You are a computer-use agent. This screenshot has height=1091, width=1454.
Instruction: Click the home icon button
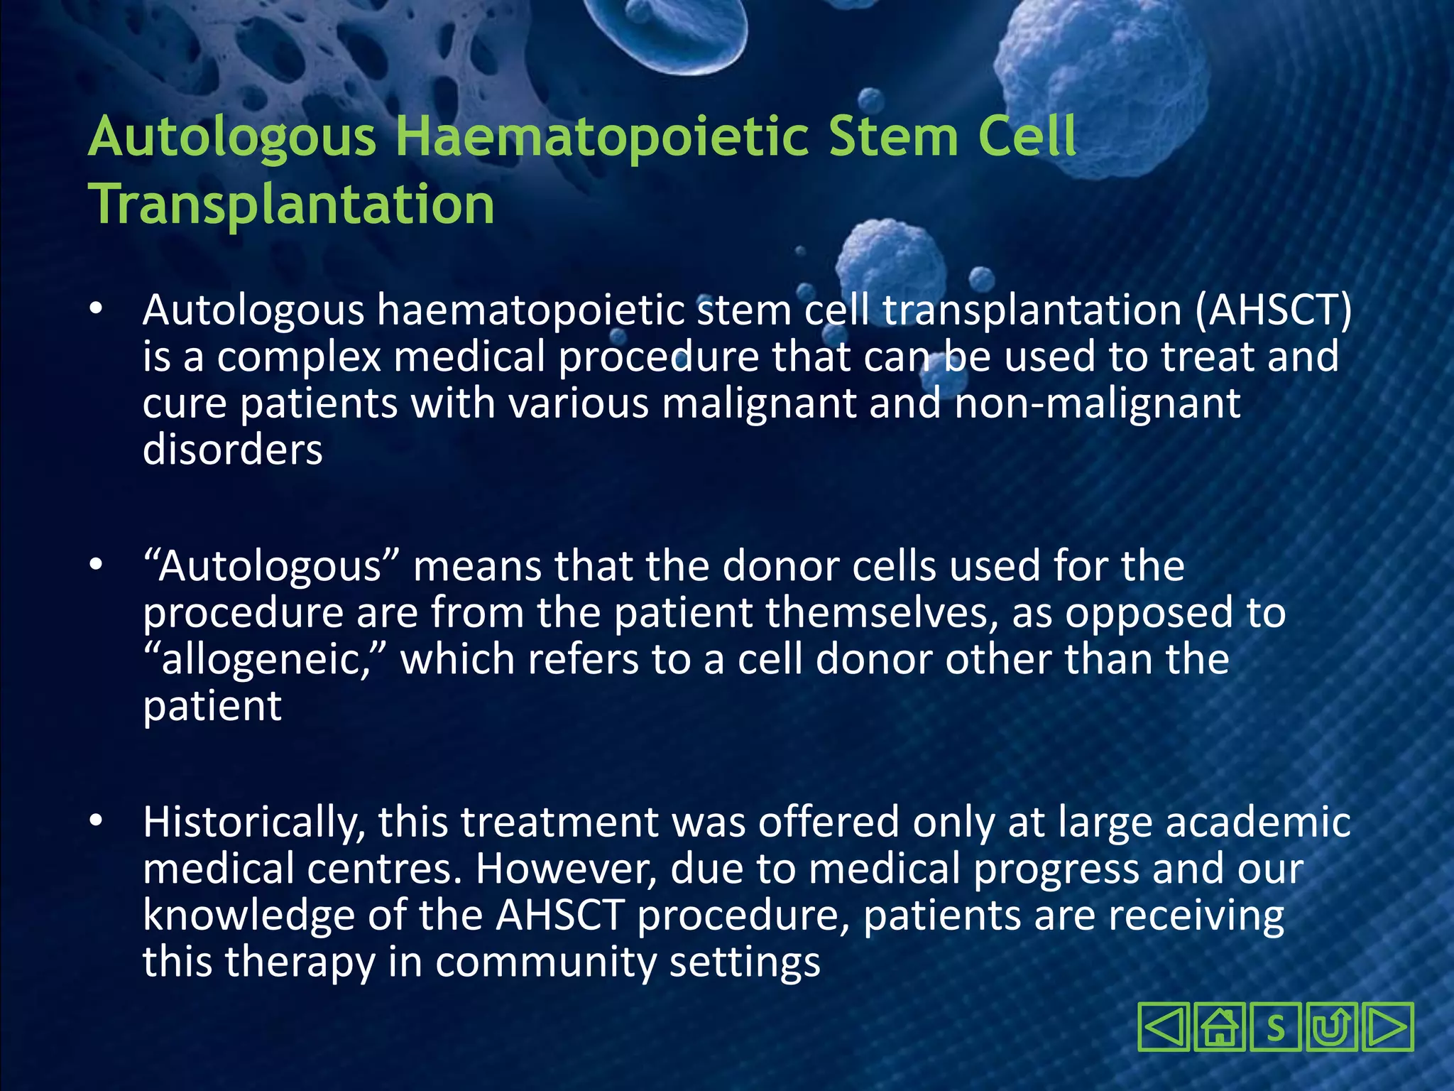coord(1220,1027)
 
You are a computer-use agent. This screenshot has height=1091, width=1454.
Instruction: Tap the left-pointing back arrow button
coord(1163,1027)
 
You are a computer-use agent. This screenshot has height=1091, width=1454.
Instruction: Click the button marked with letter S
coord(1276,1027)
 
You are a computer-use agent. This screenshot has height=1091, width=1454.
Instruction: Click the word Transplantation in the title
coord(292,205)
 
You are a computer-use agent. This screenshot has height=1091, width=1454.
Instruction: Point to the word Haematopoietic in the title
coord(601,136)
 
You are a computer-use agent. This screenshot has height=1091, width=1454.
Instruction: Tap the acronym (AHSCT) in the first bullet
coord(1273,310)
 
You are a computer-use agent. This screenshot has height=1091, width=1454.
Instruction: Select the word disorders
coord(233,450)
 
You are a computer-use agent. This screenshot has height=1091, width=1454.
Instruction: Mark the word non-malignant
coord(1097,403)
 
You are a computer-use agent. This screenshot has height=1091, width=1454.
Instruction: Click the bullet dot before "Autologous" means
coord(97,566)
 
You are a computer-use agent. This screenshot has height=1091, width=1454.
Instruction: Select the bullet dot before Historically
coord(97,822)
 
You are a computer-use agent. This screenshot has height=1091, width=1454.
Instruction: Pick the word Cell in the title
coord(1027,136)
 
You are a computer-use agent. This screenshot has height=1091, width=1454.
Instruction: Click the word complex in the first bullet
coord(299,357)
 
